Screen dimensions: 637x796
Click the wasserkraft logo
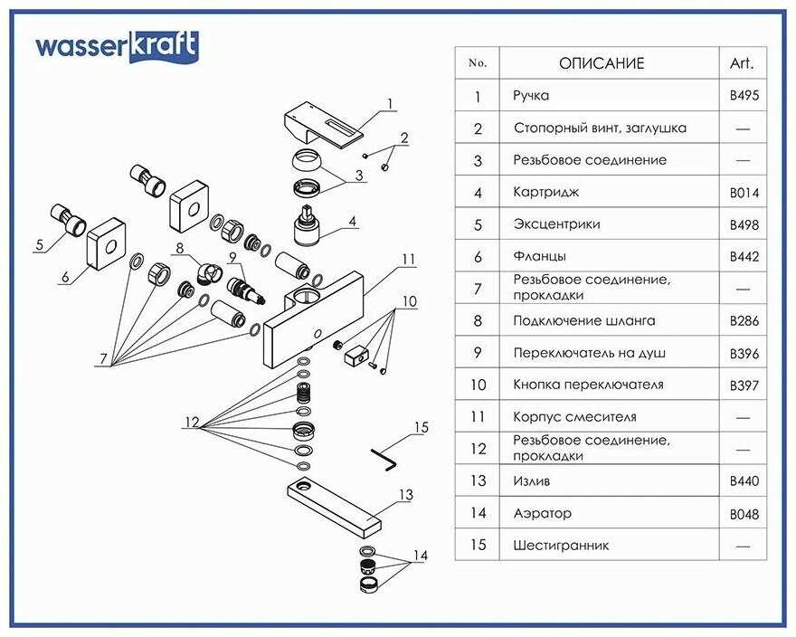click(117, 46)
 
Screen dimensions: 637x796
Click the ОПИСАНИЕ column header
click(602, 63)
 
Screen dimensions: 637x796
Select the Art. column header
click(742, 63)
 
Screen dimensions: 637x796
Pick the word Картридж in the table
click(545, 192)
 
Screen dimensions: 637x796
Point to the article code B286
click(744, 320)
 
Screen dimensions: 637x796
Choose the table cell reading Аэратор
click(542, 513)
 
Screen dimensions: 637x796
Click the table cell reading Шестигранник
click(561, 545)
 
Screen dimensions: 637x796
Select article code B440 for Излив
click(744, 481)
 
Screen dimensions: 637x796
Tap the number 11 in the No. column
click(478, 417)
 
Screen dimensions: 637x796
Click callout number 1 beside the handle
click(391, 103)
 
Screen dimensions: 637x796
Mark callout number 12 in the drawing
click(191, 423)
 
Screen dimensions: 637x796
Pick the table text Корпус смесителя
click(574, 417)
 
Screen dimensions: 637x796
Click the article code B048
click(744, 514)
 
